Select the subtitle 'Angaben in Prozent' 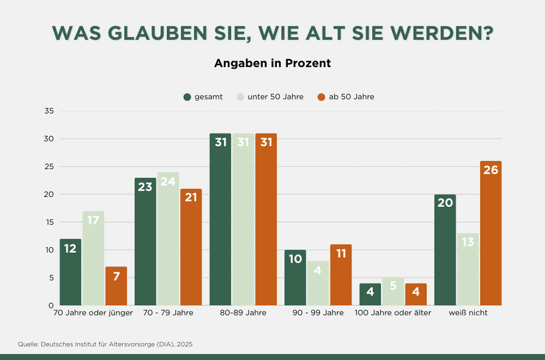272,63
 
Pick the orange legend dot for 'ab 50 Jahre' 321,97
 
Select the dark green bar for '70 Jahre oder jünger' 70,273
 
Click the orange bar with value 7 116,286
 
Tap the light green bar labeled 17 93,259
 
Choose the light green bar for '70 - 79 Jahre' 168,240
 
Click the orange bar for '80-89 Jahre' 266,218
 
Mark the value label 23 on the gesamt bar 146,187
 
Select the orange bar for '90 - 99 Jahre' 341,275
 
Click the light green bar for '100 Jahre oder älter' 393,292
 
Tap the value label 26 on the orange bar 491,170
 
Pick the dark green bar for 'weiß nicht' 445,251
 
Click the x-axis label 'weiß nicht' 468,313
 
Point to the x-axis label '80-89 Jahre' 243,313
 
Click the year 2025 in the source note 184,344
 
